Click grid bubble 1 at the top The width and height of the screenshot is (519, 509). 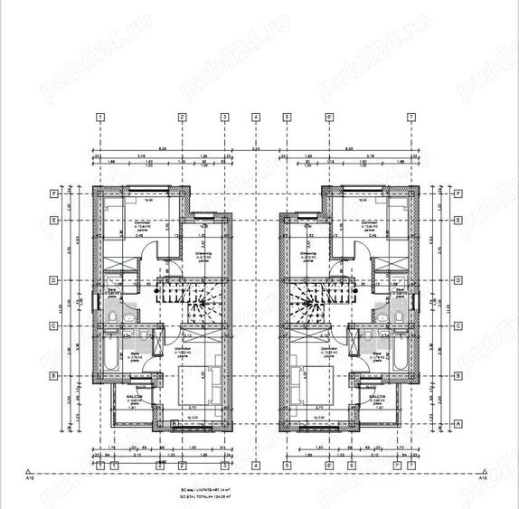(100, 117)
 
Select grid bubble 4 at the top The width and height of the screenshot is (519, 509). (257, 117)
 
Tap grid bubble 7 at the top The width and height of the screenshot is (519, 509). (411, 117)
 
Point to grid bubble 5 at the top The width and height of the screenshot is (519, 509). (287, 117)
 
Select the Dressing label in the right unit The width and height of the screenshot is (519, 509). (312, 253)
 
